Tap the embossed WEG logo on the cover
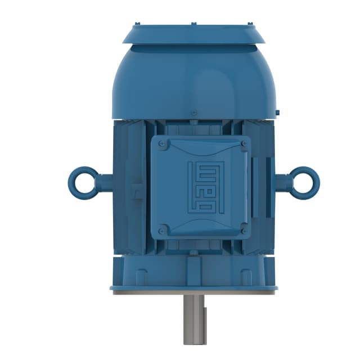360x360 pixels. point(206,187)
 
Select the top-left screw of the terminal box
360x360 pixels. point(163,145)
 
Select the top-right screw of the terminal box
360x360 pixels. point(244,145)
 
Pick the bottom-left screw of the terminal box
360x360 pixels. point(163,230)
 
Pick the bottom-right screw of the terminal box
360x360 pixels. point(244,230)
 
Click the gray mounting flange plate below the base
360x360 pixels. point(193,292)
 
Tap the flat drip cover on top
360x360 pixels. point(193,34)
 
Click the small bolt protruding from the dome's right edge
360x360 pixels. point(278,112)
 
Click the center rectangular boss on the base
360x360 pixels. point(193,271)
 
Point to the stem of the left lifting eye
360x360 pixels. point(105,183)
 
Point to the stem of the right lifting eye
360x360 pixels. point(282,183)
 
